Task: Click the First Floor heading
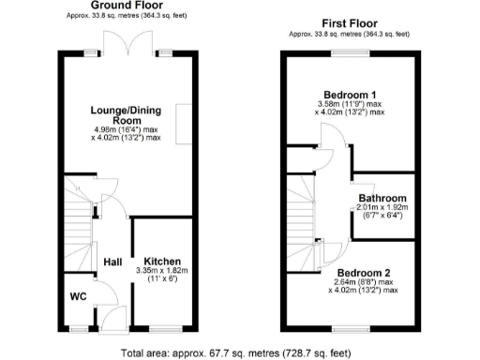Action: [x=349, y=23]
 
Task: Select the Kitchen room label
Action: [x=162, y=260]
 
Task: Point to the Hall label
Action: [x=112, y=262]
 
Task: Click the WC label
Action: [x=80, y=299]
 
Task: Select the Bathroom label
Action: [x=382, y=198]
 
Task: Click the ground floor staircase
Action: [x=80, y=220]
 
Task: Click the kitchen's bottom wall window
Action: [x=163, y=328]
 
